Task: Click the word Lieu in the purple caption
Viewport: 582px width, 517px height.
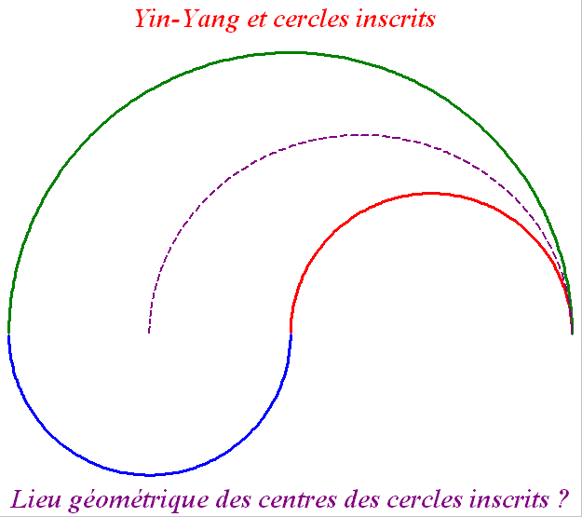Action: [x=37, y=497]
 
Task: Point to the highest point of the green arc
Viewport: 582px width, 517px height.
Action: [x=291, y=52]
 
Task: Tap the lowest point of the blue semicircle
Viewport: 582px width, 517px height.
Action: [x=150, y=474]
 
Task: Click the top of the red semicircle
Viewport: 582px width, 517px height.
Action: [x=431, y=193]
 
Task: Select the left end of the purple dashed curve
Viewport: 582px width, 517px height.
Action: [x=149, y=332]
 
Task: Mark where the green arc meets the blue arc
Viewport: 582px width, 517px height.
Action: [x=9, y=333]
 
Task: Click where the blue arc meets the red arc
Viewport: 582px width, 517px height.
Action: [x=291, y=333]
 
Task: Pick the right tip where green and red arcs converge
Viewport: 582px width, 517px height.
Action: [x=572, y=331]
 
